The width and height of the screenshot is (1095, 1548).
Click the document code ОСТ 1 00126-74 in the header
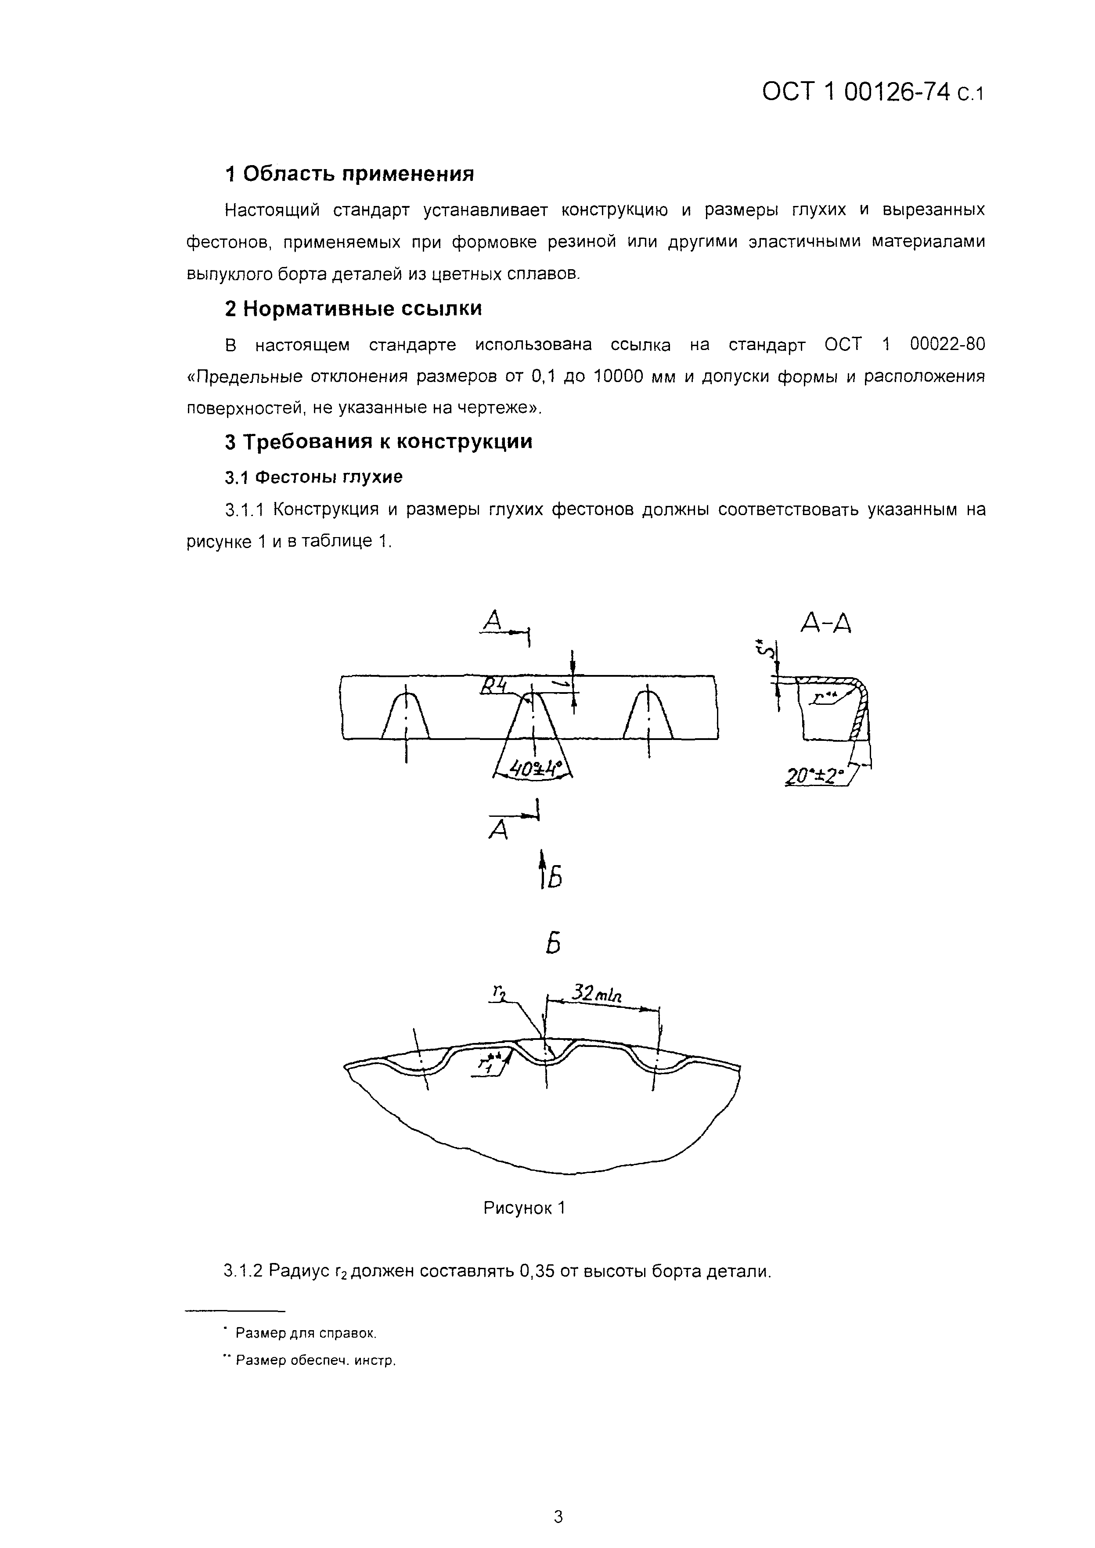pyautogui.click(x=856, y=92)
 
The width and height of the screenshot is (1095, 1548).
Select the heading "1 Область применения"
pyautogui.click(x=349, y=174)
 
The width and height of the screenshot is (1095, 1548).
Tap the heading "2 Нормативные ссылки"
pyautogui.click(x=353, y=309)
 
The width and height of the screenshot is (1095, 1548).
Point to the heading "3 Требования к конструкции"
pyautogui.click(x=378, y=442)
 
